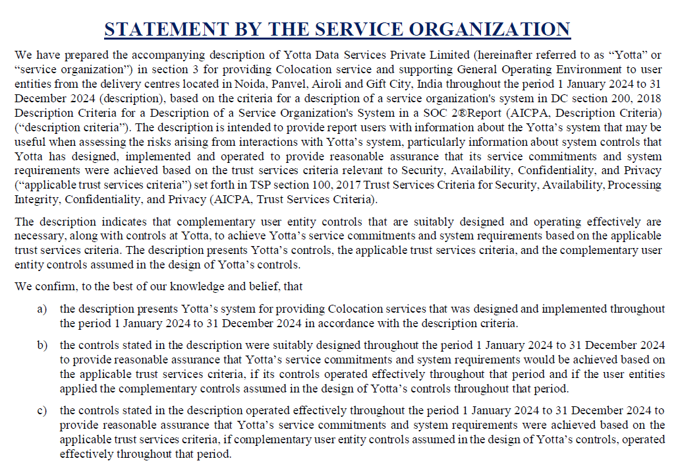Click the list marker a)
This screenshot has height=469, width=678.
click(42, 309)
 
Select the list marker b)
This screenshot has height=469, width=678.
click(42, 346)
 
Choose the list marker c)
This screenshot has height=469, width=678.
click(42, 411)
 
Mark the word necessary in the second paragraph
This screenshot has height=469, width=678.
click(36, 236)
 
